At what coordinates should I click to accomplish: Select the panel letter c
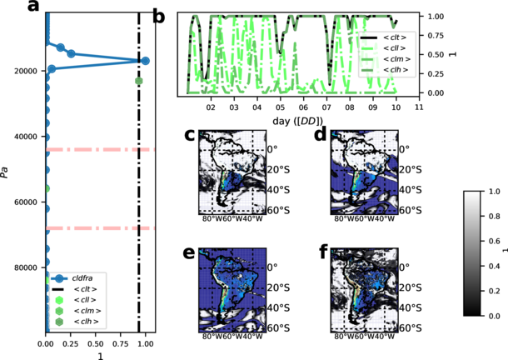coord(189,135)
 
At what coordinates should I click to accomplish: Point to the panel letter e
coord(189,254)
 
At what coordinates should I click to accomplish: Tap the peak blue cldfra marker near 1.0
coord(145,61)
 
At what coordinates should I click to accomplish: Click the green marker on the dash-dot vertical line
coord(139,81)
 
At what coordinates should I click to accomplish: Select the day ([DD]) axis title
coord(298,122)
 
